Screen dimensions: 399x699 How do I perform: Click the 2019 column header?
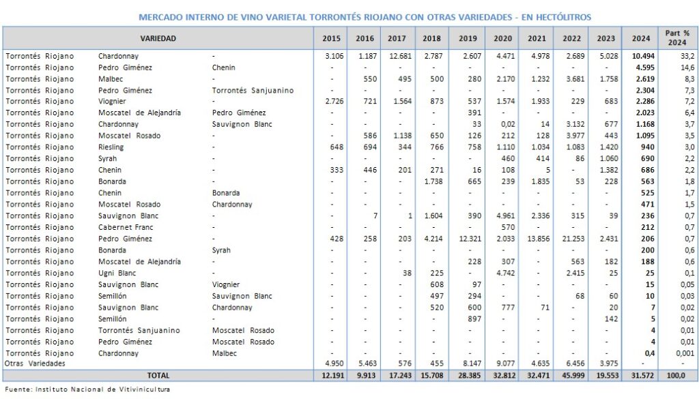(467, 38)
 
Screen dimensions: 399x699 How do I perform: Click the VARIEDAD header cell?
(158, 38)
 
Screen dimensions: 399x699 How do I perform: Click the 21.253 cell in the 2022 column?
(571, 239)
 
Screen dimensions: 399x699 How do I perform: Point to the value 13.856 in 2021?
(536, 239)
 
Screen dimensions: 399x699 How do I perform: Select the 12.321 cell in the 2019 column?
(466, 239)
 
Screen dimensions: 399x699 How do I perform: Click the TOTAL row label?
(158, 375)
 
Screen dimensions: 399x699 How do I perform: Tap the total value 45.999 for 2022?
(571, 375)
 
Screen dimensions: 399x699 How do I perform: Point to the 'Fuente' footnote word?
(17, 389)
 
